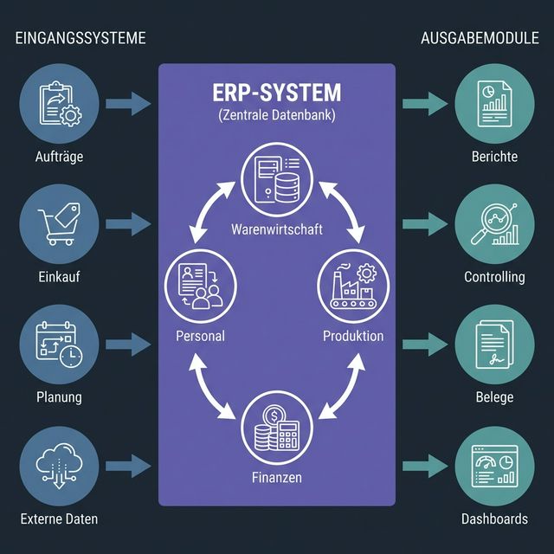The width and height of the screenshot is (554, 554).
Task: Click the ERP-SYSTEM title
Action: point(277,93)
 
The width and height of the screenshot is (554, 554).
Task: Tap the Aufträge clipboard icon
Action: point(60,102)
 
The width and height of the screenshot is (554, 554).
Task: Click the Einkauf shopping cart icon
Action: point(60,222)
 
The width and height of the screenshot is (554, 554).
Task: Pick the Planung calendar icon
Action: point(60,342)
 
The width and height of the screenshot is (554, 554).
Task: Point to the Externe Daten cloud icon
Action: point(60,463)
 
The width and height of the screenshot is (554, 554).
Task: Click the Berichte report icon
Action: point(495,102)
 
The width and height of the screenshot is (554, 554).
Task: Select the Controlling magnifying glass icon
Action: point(495,222)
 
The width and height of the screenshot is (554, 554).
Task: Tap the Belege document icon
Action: point(495,342)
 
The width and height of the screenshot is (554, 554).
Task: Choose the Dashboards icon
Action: point(495,463)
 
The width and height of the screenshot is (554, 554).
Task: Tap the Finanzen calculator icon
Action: point(277,428)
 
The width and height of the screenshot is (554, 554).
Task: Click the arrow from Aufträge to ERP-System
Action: point(128,104)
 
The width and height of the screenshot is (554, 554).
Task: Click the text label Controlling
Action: point(494,277)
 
